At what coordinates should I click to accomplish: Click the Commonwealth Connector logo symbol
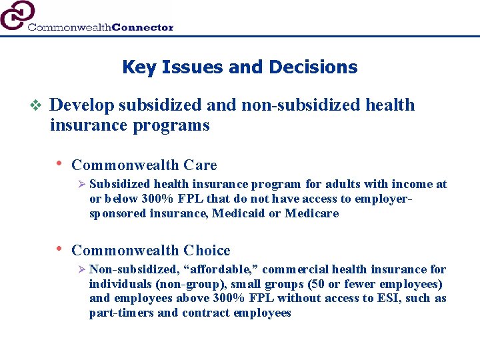pos(17,15)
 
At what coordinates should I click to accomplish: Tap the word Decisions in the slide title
pos(313,67)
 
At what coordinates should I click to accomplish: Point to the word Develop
pos(82,105)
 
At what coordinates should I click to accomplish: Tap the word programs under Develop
pos(179,125)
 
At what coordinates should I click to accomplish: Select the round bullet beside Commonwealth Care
pos(59,163)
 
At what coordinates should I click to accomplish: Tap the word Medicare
pos(311,213)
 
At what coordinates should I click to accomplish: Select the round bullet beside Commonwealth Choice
pos(59,249)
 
